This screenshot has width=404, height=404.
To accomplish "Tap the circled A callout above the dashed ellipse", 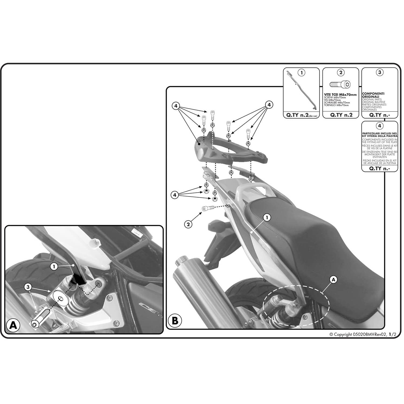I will tap(333, 280).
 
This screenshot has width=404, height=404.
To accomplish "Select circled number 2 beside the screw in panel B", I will tap(188, 223).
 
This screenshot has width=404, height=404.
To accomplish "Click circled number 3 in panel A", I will tap(28, 287).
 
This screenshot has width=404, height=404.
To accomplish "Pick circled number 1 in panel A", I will tap(54, 266).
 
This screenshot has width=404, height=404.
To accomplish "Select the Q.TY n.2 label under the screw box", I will tap(341, 115).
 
